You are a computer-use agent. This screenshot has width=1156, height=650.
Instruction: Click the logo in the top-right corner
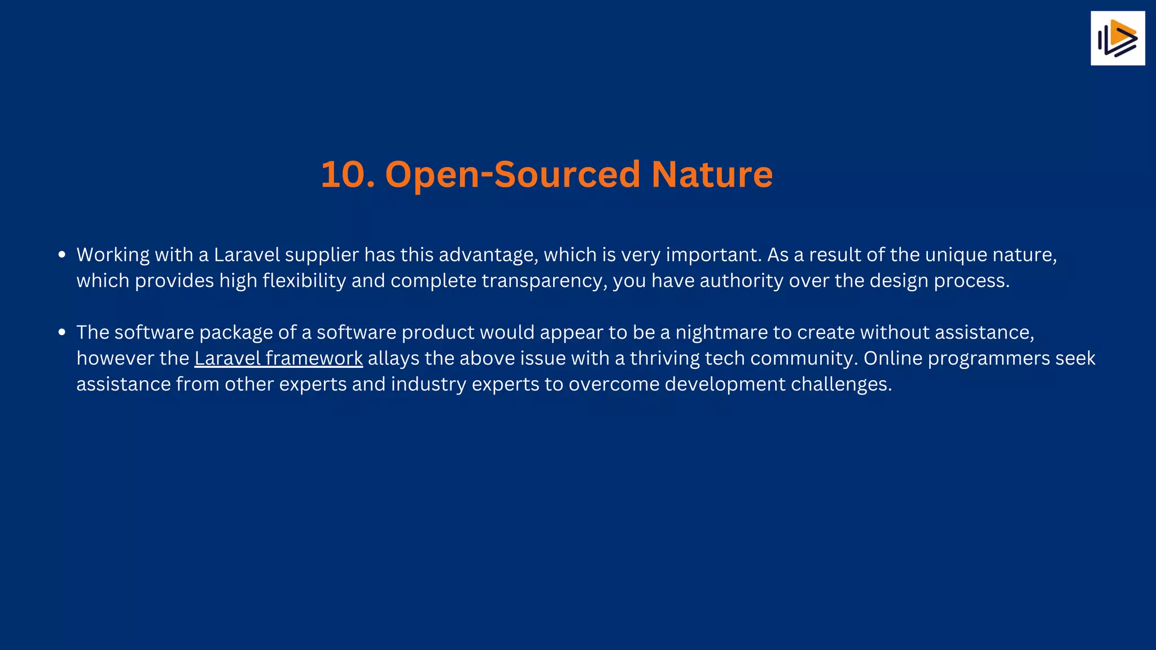click(x=1117, y=38)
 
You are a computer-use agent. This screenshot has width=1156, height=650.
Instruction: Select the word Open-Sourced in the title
click(x=512, y=174)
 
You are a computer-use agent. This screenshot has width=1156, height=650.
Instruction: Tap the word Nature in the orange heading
click(x=712, y=174)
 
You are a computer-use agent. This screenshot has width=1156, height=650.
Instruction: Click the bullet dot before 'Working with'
click(x=62, y=255)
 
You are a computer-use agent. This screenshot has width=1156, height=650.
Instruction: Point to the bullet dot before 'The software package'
click(x=62, y=332)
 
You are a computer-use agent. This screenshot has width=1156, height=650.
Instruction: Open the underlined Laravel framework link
click(x=278, y=358)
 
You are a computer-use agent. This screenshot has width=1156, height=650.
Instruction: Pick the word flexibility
click(x=304, y=281)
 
